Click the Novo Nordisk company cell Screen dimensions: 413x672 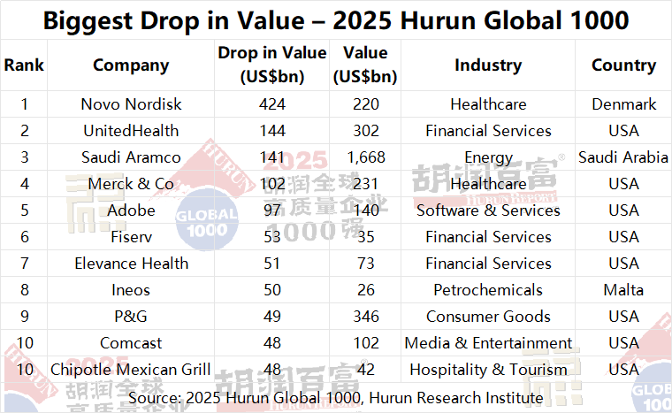point(130,104)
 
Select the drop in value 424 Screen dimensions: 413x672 point(272,104)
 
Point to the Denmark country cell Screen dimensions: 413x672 point(623,104)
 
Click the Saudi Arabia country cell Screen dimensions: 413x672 point(623,157)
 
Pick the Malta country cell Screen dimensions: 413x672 point(623,290)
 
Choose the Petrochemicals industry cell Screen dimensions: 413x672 point(488,290)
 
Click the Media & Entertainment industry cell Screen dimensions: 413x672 point(488,343)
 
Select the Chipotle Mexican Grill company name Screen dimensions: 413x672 point(130,370)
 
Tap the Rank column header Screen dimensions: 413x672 point(24,65)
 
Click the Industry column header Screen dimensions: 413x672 point(488,65)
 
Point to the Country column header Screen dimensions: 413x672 point(623,65)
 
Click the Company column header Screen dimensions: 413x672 point(130,65)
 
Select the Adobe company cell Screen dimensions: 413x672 point(130,210)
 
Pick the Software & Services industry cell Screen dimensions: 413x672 point(488,210)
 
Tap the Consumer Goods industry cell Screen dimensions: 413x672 point(488,317)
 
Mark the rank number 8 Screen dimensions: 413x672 point(24,290)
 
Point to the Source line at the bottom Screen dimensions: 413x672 point(336,398)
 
